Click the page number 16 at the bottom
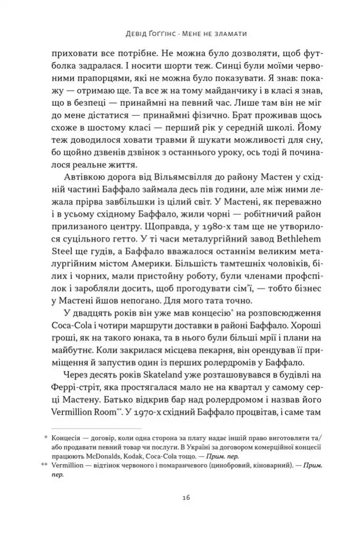[x=180, y=498]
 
